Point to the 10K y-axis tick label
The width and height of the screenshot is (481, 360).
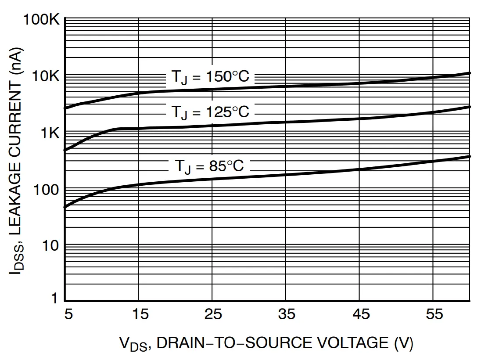click(x=45, y=77)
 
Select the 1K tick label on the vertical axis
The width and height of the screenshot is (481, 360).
click(x=49, y=133)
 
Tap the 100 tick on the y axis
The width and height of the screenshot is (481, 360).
click(x=46, y=190)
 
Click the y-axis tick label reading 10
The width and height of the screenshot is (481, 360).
click(x=50, y=246)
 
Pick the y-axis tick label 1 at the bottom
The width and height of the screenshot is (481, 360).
click(x=55, y=299)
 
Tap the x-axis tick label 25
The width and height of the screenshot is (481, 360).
click(x=212, y=315)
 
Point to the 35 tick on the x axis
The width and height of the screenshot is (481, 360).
click(x=286, y=315)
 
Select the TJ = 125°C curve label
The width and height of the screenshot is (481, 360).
click(x=210, y=112)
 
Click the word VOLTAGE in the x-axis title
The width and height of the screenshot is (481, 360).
click(x=346, y=342)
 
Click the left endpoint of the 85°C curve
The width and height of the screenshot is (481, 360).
click(x=65, y=206)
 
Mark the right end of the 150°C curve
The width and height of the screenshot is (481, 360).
click(x=470, y=73)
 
